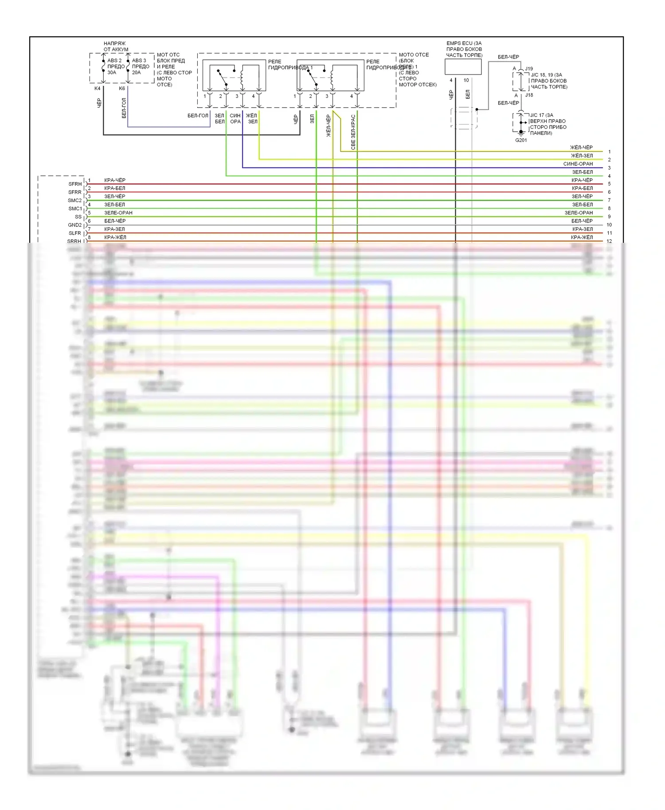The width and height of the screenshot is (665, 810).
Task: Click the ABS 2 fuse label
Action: coord(114,61)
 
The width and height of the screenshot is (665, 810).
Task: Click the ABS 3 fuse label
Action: coord(139,61)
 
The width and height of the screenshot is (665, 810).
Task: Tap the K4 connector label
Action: coord(98,89)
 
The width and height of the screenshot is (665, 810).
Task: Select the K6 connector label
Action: coord(122,89)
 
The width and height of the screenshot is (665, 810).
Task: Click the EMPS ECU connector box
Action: coord(463,67)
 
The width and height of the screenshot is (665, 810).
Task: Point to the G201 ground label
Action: coord(521,140)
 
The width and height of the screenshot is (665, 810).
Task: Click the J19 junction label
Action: coord(529,69)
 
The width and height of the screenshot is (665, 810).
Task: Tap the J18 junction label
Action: coord(529,95)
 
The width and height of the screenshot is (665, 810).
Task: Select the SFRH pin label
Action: coord(75,184)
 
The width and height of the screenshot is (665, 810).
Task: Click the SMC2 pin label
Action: coord(75,200)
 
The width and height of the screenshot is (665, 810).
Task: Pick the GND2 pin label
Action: coord(75,225)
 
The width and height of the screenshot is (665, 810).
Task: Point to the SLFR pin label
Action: coord(75,233)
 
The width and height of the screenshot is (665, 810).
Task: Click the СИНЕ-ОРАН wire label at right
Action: coord(578,164)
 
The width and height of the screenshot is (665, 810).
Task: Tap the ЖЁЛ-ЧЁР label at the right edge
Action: coord(581,148)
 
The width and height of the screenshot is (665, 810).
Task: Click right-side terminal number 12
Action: coord(609,241)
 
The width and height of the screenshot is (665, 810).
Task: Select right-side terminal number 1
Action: coord(609,152)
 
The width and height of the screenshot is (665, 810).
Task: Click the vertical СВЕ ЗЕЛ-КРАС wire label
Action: coord(353,132)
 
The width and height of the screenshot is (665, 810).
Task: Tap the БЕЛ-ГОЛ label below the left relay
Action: coord(198,116)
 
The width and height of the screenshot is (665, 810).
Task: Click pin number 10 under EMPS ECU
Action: coord(466,80)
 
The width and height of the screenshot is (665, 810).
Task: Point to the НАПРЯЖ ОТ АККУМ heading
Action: coord(116,47)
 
